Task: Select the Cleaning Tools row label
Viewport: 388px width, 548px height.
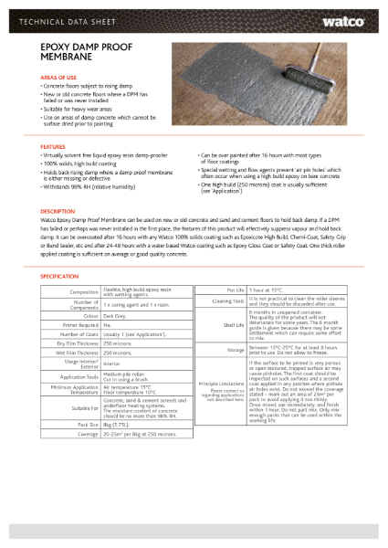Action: pos(225,300)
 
